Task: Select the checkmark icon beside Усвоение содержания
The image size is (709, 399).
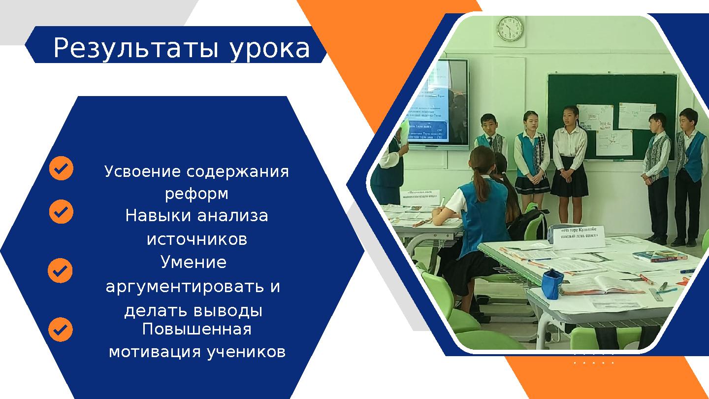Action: coord(62,168)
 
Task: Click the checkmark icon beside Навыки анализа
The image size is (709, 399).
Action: coord(62,212)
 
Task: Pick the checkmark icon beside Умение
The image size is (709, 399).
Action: coord(61,271)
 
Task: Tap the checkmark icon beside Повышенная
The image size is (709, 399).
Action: coord(61,330)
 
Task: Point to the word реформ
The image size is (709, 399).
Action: coord(196,194)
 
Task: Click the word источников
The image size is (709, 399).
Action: coord(196,239)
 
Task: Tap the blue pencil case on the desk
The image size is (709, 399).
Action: coord(552,284)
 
